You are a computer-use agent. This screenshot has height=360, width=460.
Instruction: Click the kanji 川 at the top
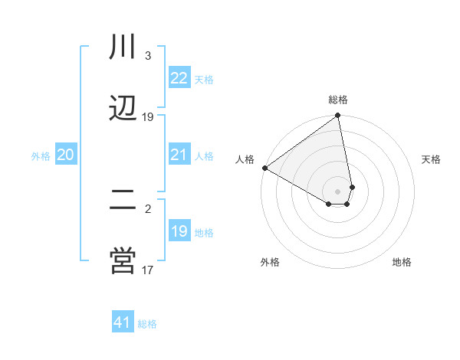tap(123, 47)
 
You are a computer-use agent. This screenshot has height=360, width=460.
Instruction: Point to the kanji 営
tap(123, 260)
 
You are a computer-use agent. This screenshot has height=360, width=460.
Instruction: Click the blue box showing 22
tap(179, 78)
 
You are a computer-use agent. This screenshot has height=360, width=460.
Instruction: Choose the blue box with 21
tap(179, 155)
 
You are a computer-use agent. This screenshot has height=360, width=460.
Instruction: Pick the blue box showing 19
tap(179, 231)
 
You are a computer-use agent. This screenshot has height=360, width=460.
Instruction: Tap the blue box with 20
tap(66, 155)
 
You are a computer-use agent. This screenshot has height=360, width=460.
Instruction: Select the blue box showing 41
tap(123, 322)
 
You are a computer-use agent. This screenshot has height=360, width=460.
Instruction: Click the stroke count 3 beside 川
tap(148, 56)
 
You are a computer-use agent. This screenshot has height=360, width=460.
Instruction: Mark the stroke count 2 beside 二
tap(148, 208)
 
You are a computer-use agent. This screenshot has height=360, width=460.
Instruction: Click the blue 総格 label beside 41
tap(147, 324)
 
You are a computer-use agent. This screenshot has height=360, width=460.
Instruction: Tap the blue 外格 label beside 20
tap(41, 156)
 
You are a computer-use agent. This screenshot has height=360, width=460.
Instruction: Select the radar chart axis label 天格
tap(431, 159)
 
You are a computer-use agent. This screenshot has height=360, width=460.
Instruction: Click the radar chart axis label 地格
tap(402, 262)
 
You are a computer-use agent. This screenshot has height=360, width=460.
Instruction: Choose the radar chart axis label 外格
tap(270, 262)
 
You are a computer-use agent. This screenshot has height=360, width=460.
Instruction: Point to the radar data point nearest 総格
tap(337, 116)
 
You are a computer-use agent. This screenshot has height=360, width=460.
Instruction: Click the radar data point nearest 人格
tap(264, 168)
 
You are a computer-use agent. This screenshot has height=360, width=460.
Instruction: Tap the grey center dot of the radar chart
tap(337, 191)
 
